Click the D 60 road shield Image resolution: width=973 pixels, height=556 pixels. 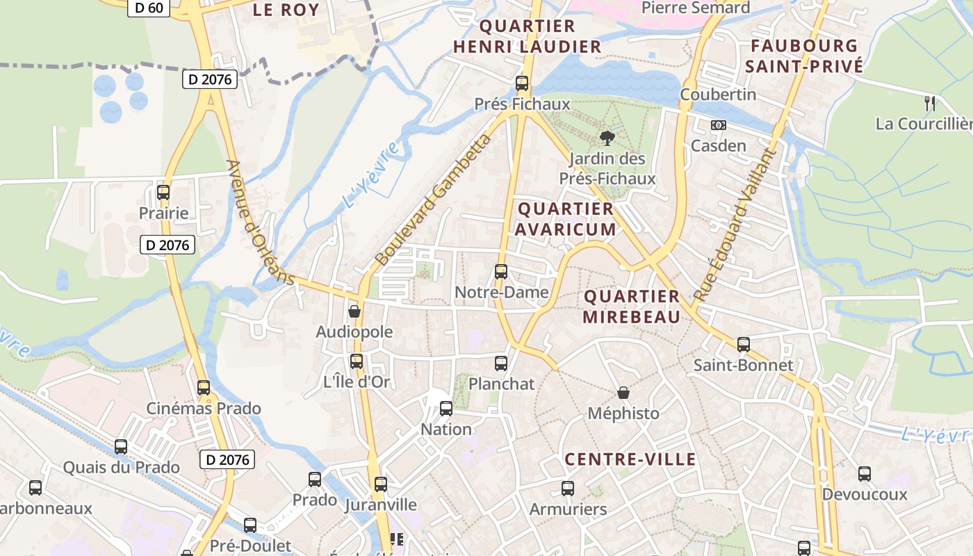149,8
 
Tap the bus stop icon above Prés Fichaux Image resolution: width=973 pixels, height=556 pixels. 522,83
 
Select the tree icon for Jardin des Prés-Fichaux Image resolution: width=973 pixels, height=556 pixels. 607,138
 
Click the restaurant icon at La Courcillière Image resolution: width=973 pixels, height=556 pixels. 930,104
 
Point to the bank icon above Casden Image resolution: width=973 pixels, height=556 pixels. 718,125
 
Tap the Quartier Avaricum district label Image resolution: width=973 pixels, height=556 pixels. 566,219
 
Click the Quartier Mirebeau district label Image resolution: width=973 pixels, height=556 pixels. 631,306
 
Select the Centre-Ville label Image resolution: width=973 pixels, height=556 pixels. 630,459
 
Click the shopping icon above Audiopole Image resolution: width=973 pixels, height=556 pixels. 354,311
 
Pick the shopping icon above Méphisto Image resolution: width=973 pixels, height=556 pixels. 623,393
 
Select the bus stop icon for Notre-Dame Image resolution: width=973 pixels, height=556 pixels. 501,272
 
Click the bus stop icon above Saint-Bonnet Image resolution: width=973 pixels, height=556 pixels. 744,344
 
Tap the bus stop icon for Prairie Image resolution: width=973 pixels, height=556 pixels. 163,193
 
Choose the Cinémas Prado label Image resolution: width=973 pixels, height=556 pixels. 203,408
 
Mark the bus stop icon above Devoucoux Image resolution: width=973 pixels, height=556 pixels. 864,474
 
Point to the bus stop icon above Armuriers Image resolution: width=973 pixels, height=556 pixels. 568,489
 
